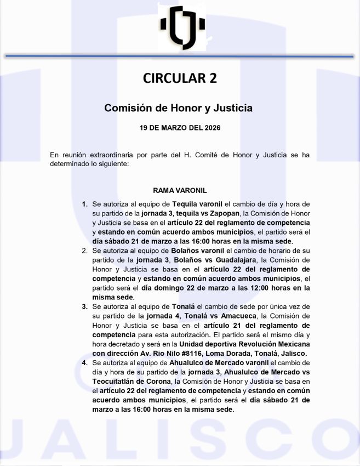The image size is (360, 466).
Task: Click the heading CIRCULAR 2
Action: pyautogui.click(x=180, y=78)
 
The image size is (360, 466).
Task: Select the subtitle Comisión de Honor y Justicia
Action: pyautogui.click(x=179, y=108)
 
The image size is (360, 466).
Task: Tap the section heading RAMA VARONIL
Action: pyautogui.click(x=180, y=190)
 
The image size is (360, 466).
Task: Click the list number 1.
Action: pyautogui.click(x=85, y=204)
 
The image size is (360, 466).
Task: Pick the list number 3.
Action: pyautogui.click(x=85, y=306)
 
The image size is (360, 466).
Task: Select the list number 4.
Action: pyautogui.click(x=85, y=363)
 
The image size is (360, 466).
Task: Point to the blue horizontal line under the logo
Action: pyautogui.click(x=180, y=56)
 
